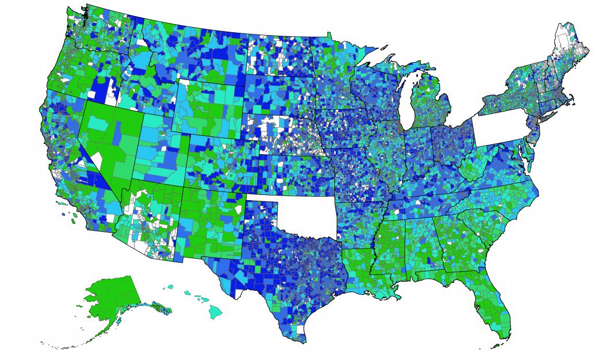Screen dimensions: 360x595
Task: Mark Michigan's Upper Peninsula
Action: (x=397, y=71)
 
